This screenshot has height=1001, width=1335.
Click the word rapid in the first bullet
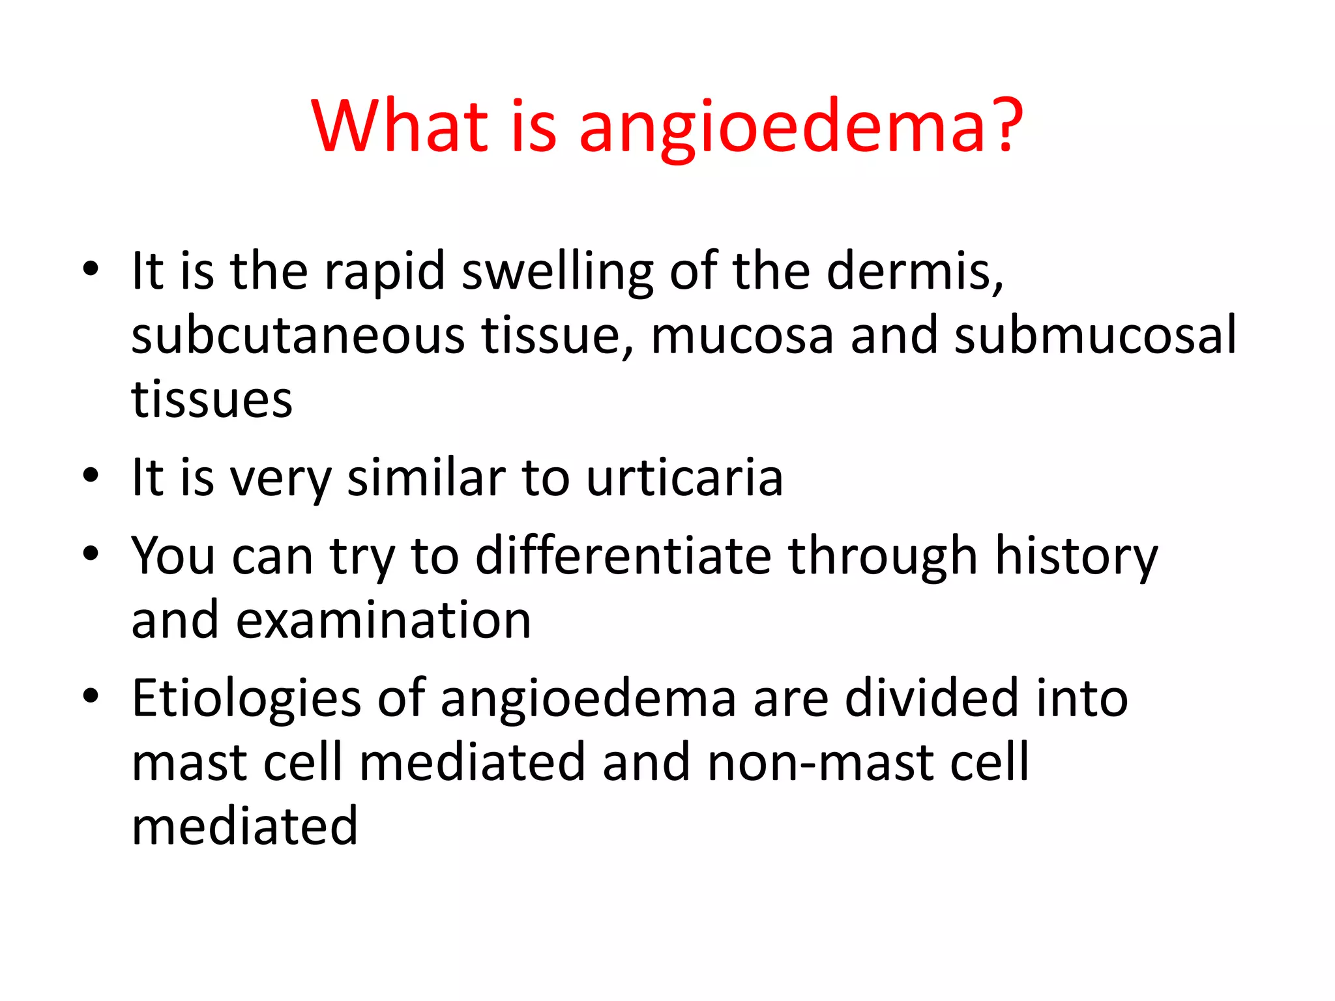click(x=385, y=271)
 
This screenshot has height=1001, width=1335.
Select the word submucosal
click(x=1095, y=336)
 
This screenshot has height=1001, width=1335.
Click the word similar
click(x=426, y=478)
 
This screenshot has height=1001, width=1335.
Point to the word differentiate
click(x=623, y=556)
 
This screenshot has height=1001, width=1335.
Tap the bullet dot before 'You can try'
click(x=91, y=555)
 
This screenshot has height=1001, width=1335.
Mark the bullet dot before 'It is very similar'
click(x=91, y=476)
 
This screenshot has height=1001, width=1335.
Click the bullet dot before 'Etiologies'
click(x=91, y=697)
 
